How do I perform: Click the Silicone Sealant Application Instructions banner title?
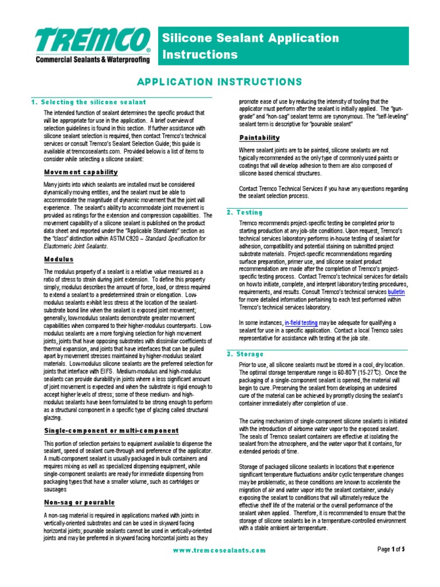point(250,46)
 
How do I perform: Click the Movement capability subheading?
point(81,172)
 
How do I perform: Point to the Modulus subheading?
point(59,259)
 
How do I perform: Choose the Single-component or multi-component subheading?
point(112,431)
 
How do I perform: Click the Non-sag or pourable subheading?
point(80,502)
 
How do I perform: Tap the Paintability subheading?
point(259,138)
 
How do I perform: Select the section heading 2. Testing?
point(244,212)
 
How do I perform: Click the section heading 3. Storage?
point(245,354)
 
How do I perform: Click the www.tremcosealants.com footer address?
point(219,550)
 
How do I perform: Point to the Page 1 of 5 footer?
point(391,549)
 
